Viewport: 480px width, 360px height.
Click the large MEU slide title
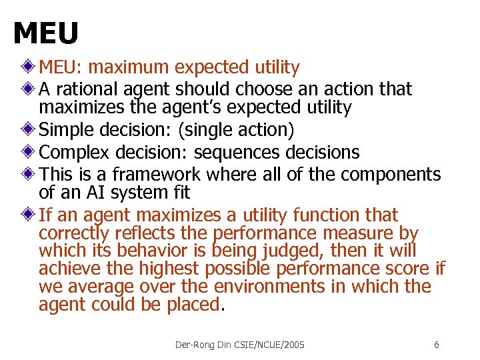[45, 33]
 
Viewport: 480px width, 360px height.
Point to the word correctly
[74, 233]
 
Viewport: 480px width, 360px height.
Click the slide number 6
[436, 345]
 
